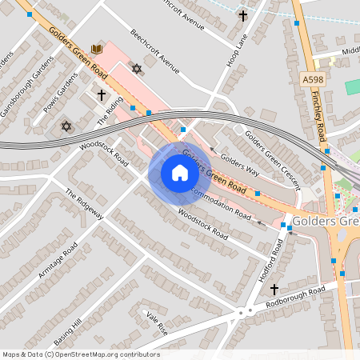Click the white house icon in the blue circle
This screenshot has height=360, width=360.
(x=179, y=173)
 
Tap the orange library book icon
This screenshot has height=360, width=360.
(x=98, y=50)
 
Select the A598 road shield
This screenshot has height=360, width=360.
(x=313, y=79)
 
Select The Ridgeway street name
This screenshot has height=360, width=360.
(x=84, y=205)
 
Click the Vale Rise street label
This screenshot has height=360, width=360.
(x=157, y=324)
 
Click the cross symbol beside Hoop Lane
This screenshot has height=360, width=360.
(x=243, y=15)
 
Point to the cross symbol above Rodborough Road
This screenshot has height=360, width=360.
(x=274, y=289)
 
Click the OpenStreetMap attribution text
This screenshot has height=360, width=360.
(x=80, y=354)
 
